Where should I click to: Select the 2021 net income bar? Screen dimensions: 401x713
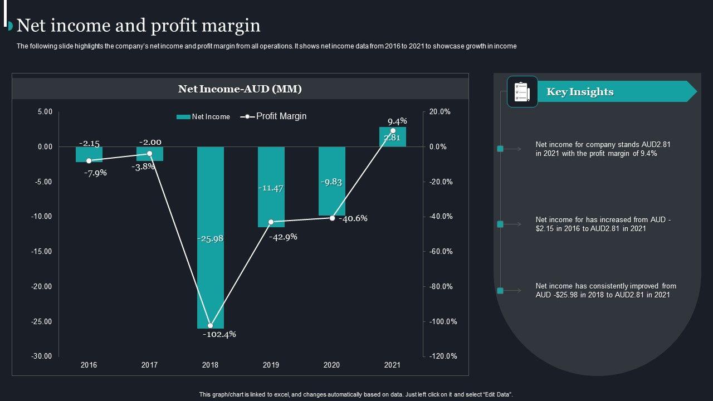coord(393,137)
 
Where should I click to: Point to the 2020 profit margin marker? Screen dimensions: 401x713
coord(333,218)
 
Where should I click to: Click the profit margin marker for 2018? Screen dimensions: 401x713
coord(211,326)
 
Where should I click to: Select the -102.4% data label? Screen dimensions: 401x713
coord(219,334)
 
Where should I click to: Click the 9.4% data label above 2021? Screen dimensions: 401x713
coord(397,121)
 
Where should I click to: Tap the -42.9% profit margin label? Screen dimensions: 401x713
coord(283,237)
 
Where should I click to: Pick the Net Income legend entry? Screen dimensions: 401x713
coord(203,117)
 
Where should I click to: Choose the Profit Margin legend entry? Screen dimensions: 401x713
coord(274,116)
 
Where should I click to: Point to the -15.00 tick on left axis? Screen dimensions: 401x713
coord(42,252)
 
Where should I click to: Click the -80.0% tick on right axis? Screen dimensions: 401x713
coord(441,287)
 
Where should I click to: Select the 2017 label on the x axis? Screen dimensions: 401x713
coord(149,365)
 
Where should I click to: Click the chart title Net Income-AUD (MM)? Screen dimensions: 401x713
coord(240,89)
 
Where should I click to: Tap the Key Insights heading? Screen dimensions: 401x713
coord(580,92)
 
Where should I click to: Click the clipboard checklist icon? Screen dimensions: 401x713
coord(522,92)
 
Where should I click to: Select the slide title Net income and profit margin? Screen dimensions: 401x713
coord(139,26)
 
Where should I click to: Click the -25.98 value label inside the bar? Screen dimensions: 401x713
coord(211,238)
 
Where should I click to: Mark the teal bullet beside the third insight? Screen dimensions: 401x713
coord(500,291)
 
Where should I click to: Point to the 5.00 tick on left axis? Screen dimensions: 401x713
coord(45,112)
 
